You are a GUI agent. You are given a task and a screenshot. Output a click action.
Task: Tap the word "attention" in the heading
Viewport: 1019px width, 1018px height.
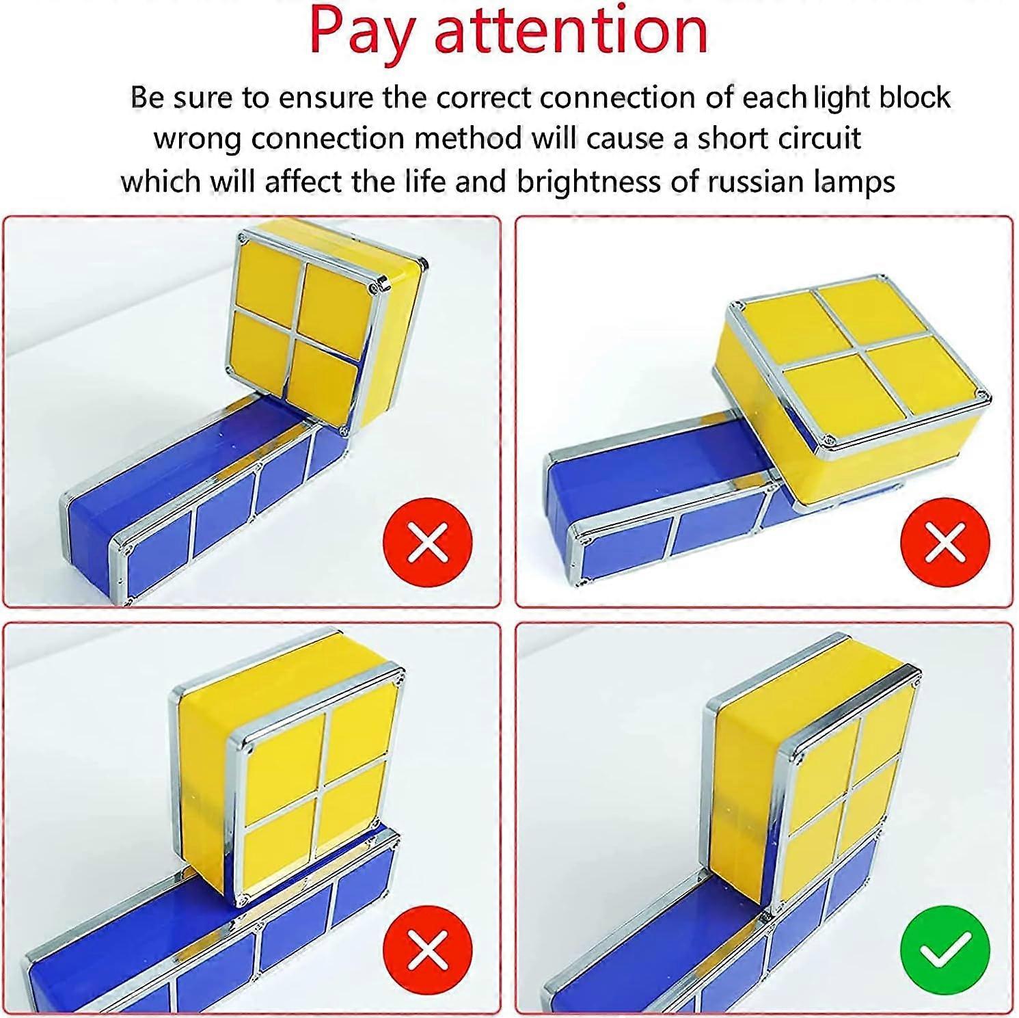[x=571, y=31]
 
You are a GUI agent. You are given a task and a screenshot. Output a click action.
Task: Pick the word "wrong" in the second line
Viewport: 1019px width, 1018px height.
[x=198, y=139]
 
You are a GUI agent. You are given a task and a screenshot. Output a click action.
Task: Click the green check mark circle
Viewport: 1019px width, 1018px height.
[x=945, y=950]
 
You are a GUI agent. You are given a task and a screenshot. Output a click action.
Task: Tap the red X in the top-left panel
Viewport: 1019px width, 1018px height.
[x=428, y=542]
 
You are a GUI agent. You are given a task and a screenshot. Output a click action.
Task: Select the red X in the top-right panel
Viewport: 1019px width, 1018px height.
[x=945, y=542]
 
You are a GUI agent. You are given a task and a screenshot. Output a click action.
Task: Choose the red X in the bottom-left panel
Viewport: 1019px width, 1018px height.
[x=428, y=950]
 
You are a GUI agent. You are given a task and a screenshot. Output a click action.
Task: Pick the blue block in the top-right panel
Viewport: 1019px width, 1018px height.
[x=656, y=492]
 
